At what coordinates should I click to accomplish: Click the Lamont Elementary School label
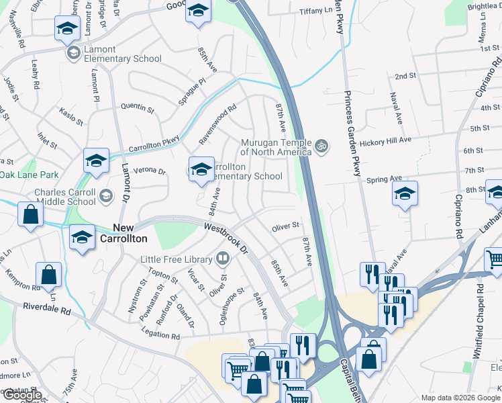click(123, 54)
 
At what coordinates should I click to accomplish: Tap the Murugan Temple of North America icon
click(321, 145)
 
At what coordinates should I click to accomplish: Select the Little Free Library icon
click(222, 258)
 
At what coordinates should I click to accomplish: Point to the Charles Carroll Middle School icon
click(105, 195)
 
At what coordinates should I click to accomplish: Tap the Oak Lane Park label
click(30, 175)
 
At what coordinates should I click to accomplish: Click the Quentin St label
click(137, 106)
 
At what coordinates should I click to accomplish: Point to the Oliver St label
click(285, 228)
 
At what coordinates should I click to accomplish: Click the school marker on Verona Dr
click(96, 161)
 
